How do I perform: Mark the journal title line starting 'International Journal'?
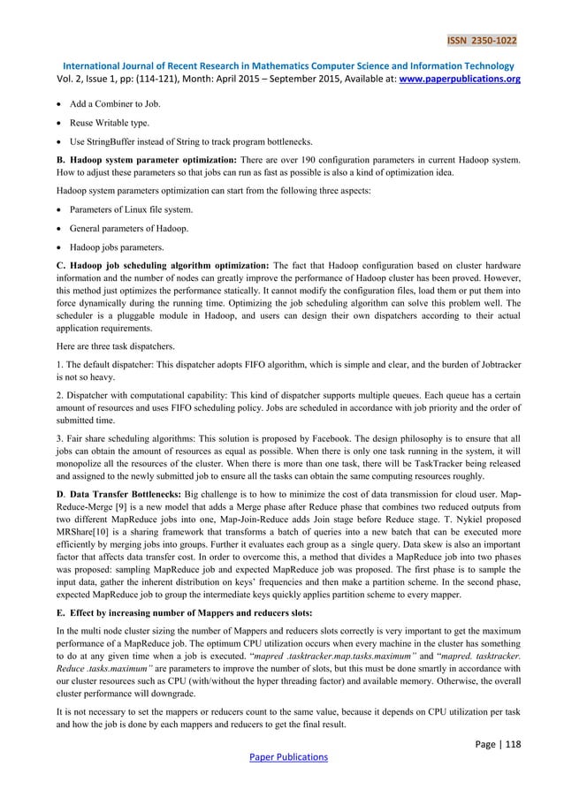(282, 65)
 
